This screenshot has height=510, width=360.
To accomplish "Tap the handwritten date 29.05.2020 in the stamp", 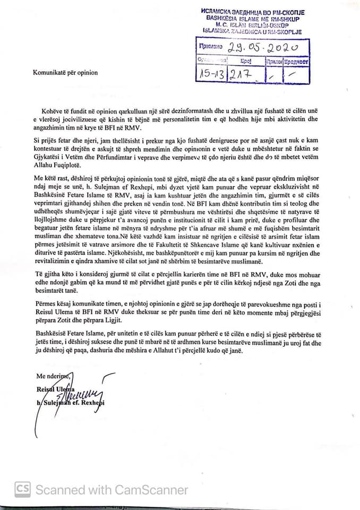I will click(x=261, y=48).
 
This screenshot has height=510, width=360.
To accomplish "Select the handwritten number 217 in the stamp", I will click(x=245, y=75).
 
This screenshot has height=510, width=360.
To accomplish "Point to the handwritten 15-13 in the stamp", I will click(x=211, y=75).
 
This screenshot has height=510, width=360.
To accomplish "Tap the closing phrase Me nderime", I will click(x=52, y=376).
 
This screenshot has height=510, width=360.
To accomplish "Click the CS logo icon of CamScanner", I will click(x=22, y=488).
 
